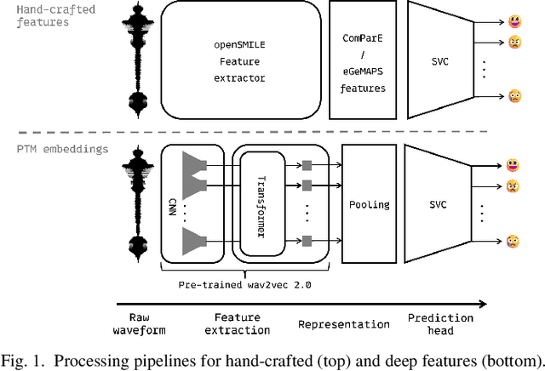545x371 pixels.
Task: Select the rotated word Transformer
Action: coord(261,204)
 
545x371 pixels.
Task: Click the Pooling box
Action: coord(370,204)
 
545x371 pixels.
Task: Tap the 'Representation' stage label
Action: coord(343,324)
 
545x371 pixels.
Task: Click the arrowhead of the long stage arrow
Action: coord(483,302)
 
